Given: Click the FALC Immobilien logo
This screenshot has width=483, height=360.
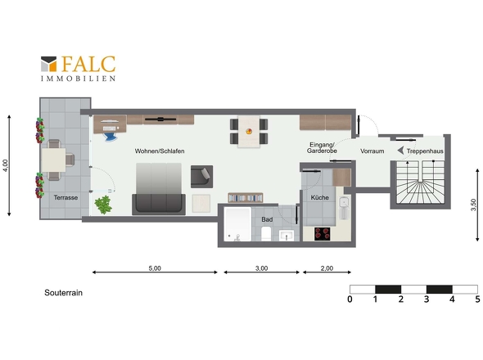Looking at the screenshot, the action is tap(79, 69).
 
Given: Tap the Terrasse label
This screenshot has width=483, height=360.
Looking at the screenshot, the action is tap(65, 197).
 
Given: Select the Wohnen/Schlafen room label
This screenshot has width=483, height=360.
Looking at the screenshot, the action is tap(160, 151).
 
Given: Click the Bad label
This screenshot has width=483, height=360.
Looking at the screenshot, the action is tap(267, 219).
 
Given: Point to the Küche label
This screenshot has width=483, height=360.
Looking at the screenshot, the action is tap(320, 197).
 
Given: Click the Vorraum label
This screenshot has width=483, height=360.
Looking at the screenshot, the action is tap(372, 151).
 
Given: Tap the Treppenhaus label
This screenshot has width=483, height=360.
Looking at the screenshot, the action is tap(425, 151).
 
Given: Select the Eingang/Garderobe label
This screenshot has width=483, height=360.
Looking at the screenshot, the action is tap(322, 148).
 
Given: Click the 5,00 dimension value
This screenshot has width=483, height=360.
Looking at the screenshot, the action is tap(155, 268).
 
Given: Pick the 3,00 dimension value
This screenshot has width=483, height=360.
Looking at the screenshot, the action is tap(261, 268).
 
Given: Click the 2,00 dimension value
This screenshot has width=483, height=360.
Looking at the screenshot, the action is tap(327, 268).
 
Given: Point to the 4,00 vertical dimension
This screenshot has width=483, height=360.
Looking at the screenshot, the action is tap(5, 165).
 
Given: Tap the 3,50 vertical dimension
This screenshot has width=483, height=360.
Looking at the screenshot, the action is tap(473, 205).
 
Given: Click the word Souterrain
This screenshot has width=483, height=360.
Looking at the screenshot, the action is tap(64, 293).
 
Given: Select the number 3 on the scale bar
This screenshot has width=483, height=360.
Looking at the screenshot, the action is tap(427, 299).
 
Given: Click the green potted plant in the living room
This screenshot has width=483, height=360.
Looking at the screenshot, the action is tap(103, 205).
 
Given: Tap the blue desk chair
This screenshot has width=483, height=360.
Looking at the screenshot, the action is tap(111, 137).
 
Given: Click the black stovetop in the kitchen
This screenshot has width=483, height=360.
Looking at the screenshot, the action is tap(323, 234).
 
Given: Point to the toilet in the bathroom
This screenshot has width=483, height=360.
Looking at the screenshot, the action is tap(266, 234).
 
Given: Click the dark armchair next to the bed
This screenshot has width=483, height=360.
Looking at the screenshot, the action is tap(201, 177).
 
